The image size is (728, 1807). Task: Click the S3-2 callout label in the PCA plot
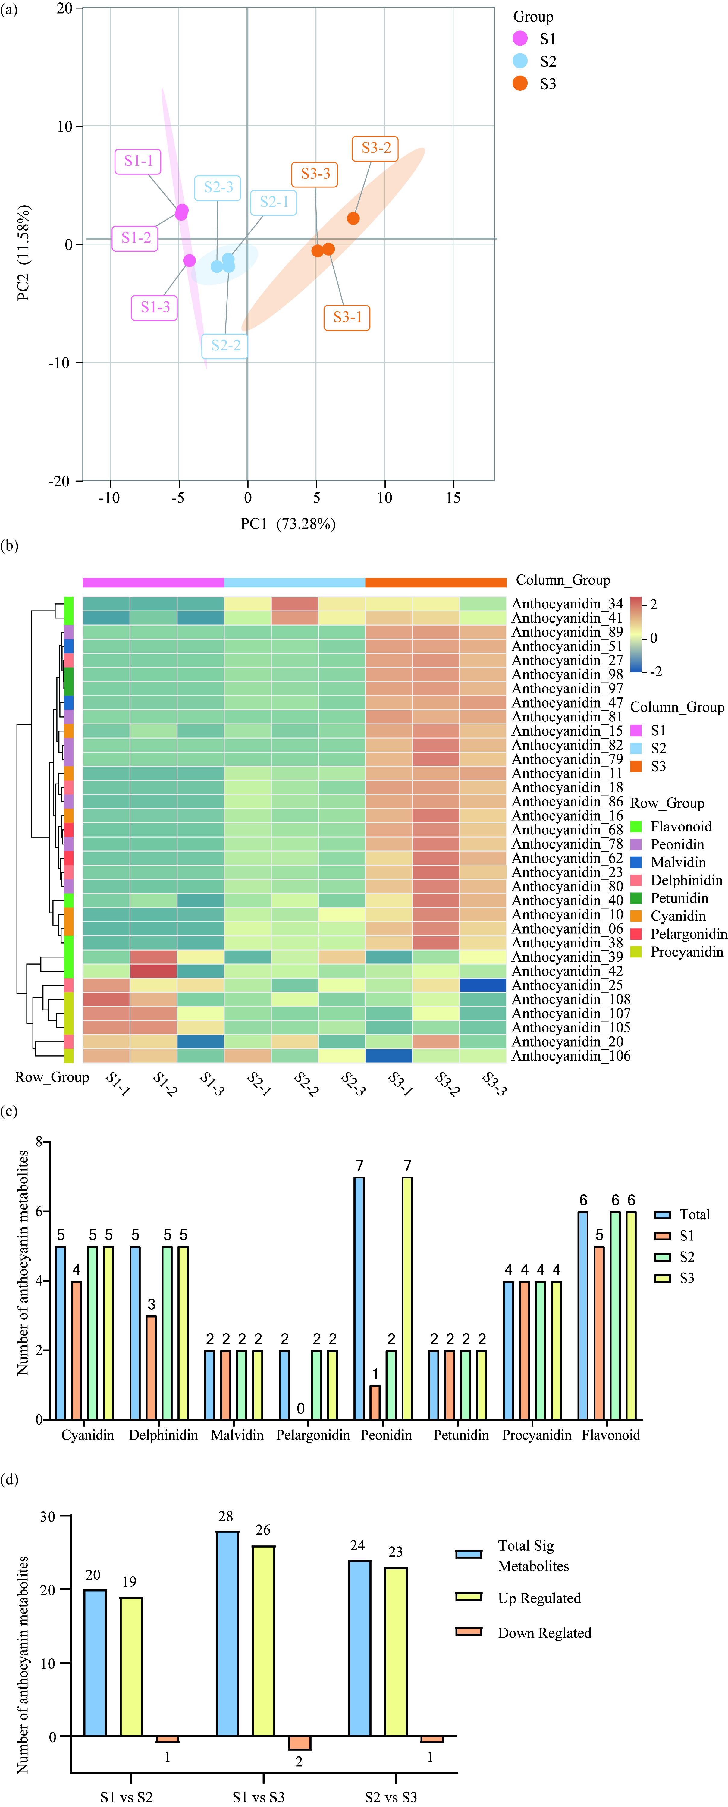point(376,148)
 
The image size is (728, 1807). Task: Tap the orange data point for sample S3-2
point(353,218)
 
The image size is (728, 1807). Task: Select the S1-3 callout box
point(155,307)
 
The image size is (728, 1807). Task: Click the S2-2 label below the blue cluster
point(226,345)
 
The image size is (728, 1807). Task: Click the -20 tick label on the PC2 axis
point(60,481)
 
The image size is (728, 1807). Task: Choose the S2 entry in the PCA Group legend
point(548,62)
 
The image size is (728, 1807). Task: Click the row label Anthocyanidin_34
point(567,604)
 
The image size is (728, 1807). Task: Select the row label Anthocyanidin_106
point(570,1056)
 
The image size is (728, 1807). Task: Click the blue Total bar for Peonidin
point(359,1298)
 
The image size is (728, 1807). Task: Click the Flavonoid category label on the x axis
point(610,1435)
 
